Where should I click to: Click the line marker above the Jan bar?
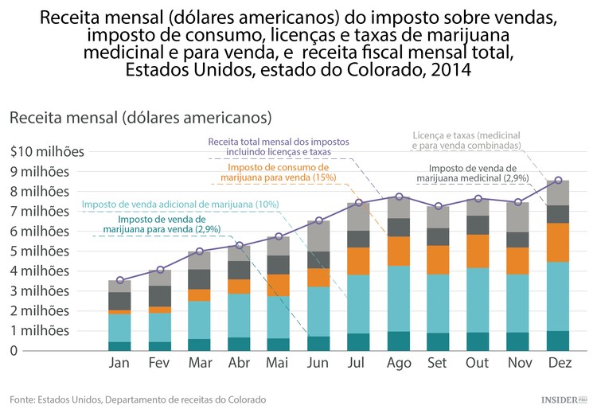[x=120, y=280]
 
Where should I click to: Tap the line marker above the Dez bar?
[x=558, y=181]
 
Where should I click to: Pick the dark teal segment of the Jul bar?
[x=359, y=341]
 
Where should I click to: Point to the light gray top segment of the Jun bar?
[x=319, y=236]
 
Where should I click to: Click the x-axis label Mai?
[x=279, y=364]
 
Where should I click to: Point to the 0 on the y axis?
[x=14, y=350]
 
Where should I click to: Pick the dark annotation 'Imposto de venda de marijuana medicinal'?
[x=478, y=173]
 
